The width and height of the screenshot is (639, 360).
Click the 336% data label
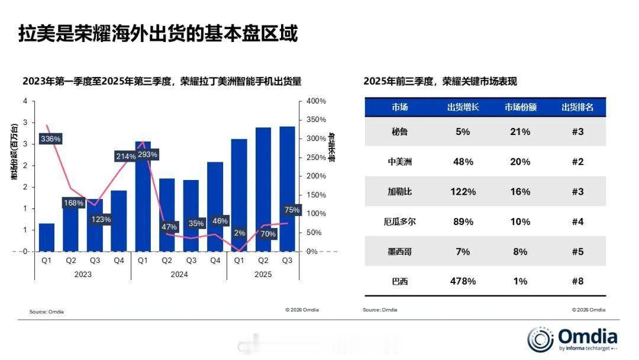tap(50, 139)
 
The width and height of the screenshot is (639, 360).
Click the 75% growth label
tap(292, 210)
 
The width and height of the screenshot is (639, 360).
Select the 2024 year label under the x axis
tap(179, 275)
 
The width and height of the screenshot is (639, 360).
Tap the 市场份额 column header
tap(520, 107)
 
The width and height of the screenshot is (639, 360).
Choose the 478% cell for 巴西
tap(463, 281)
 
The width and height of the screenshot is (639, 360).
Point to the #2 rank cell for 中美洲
tap(577, 162)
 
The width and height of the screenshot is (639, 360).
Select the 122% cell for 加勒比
tap(463, 192)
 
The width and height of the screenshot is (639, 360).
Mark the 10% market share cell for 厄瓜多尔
tap(520, 221)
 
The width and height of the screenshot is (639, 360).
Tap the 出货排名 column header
tap(577, 107)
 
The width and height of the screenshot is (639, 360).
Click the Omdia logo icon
tap(540, 339)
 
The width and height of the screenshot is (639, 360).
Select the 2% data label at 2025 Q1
tap(239, 233)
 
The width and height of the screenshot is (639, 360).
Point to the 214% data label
tap(125, 156)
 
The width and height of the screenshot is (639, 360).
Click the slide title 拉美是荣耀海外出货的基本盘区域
tap(158, 33)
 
